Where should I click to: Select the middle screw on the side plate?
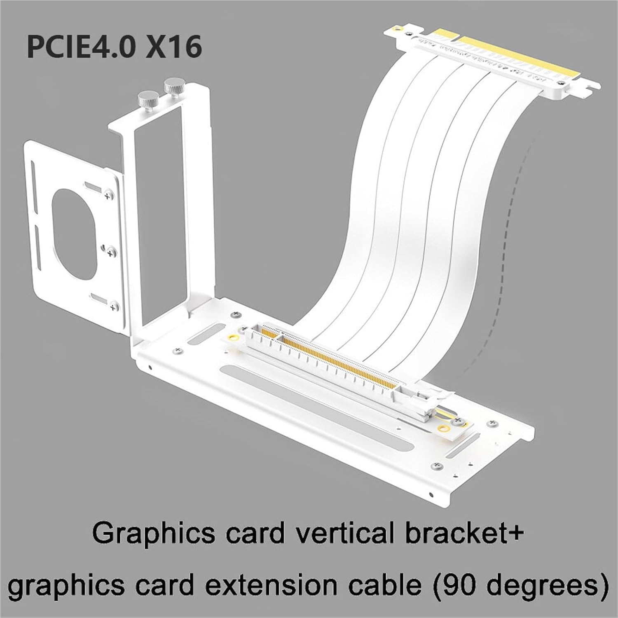point(110,250)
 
